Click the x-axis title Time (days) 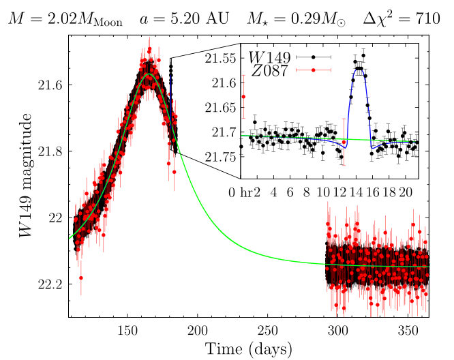[249, 349]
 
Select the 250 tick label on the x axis [268, 329]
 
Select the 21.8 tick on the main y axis [50, 151]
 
